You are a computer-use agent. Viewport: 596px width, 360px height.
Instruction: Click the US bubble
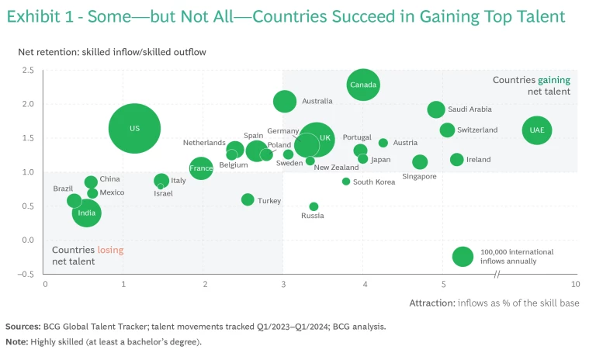(134, 128)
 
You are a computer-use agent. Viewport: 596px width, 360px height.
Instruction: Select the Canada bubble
(363, 84)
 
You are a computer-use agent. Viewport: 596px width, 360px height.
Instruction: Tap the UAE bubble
(537, 130)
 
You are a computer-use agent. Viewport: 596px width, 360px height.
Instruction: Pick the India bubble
(87, 213)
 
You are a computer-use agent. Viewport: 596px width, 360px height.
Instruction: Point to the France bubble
(201, 168)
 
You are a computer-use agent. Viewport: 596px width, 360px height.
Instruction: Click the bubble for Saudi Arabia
(436, 109)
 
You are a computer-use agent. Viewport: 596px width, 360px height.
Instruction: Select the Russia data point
(314, 206)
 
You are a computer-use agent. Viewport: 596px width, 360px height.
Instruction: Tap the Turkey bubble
(248, 199)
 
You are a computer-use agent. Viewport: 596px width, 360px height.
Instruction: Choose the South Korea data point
(346, 182)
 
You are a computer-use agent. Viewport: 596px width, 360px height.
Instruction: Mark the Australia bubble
(285, 101)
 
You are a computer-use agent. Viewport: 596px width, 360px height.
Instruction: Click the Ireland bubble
(456, 160)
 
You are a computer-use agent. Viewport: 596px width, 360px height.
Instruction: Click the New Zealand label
(336, 168)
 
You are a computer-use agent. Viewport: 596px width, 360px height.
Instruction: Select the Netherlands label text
(204, 143)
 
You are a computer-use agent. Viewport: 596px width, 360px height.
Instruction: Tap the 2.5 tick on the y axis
(28, 71)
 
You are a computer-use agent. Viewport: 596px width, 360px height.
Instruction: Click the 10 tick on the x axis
(575, 285)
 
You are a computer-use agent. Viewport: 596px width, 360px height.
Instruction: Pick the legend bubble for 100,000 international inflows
(463, 257)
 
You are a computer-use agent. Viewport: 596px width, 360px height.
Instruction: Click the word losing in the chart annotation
(110, 250)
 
